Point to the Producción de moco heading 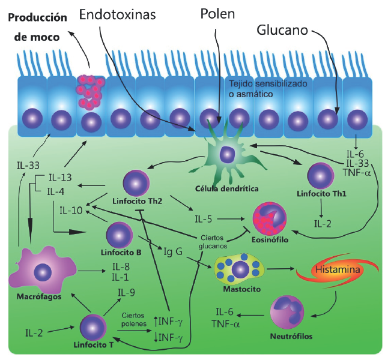[x=37, y=25]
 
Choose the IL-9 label [x=126, y=293]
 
